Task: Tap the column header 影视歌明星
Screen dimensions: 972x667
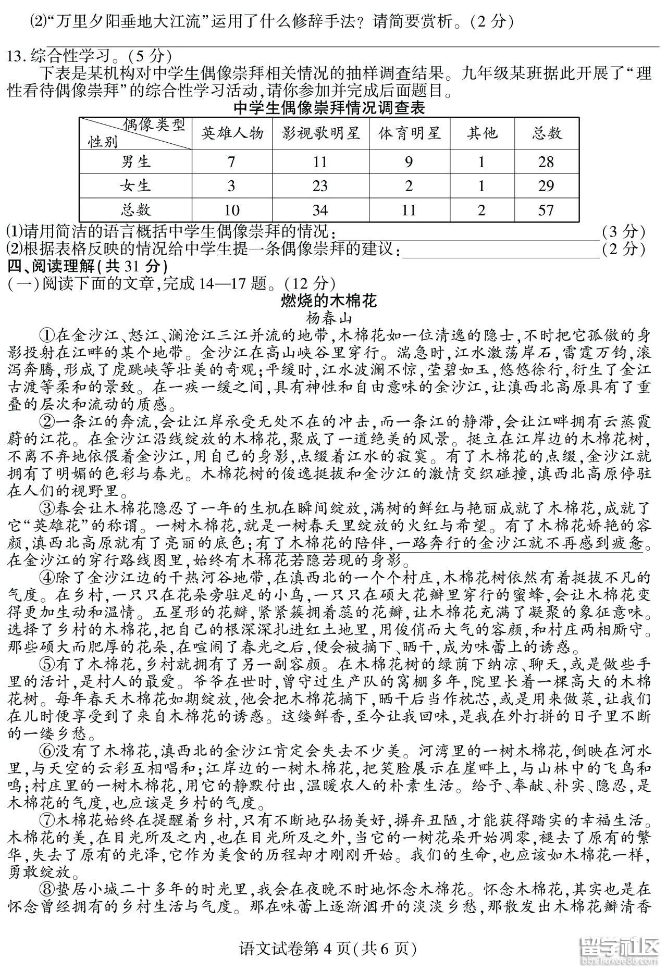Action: click(x=320, y=134)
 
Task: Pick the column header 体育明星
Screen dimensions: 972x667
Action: click(x=410, y=134)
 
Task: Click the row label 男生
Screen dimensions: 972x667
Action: click(x=136, y=162)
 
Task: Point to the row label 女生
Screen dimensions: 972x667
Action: click(x=136, y=186)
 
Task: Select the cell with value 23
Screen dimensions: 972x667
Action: click(x=320, y=186)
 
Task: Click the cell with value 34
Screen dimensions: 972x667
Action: click(x=320, y=210)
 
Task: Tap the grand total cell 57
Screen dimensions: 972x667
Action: click(x=546, y=210)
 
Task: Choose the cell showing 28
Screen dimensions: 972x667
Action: click(x=546, y=162)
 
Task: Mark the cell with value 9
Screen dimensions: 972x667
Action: click(x=409, y=162)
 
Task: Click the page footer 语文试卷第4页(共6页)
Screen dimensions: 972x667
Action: click(x=334, y=949)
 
